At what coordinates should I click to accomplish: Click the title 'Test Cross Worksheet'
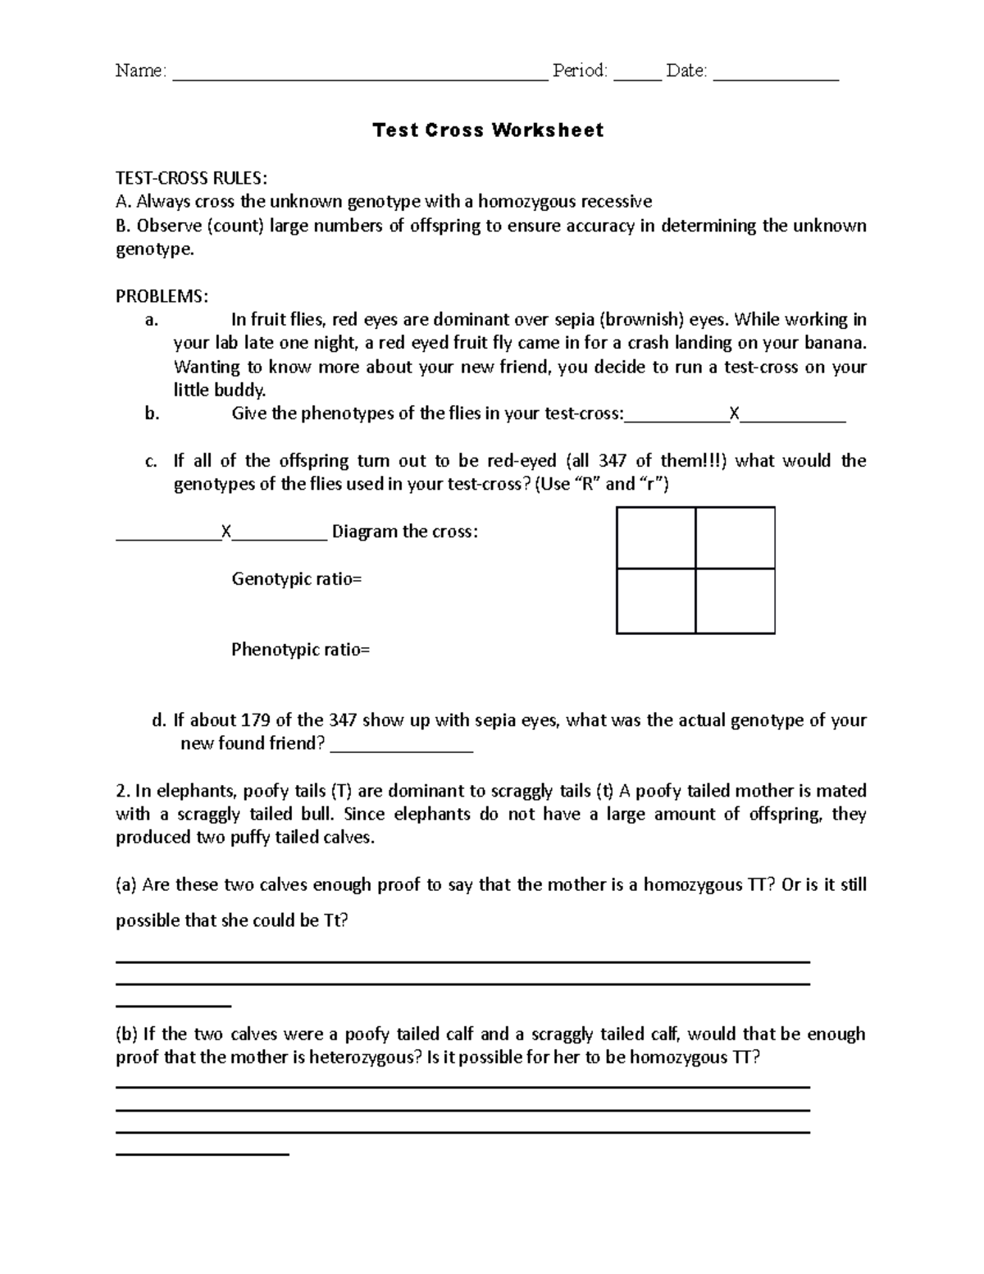coord(488,130)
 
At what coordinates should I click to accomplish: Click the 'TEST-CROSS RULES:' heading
coord(191,179)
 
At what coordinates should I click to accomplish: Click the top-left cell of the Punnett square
coord(656,538)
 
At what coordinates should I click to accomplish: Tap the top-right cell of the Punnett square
coord(735,538)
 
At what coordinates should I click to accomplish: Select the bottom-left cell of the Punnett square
coord(656,600)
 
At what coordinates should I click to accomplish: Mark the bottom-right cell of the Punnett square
coord(735,600)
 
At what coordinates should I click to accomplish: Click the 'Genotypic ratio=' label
coord(297,579)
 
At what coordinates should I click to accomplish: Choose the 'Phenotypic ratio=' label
coord(300,651)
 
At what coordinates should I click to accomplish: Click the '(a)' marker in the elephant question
coord(126,885)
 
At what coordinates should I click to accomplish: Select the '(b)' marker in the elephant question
coord(126,1034)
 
